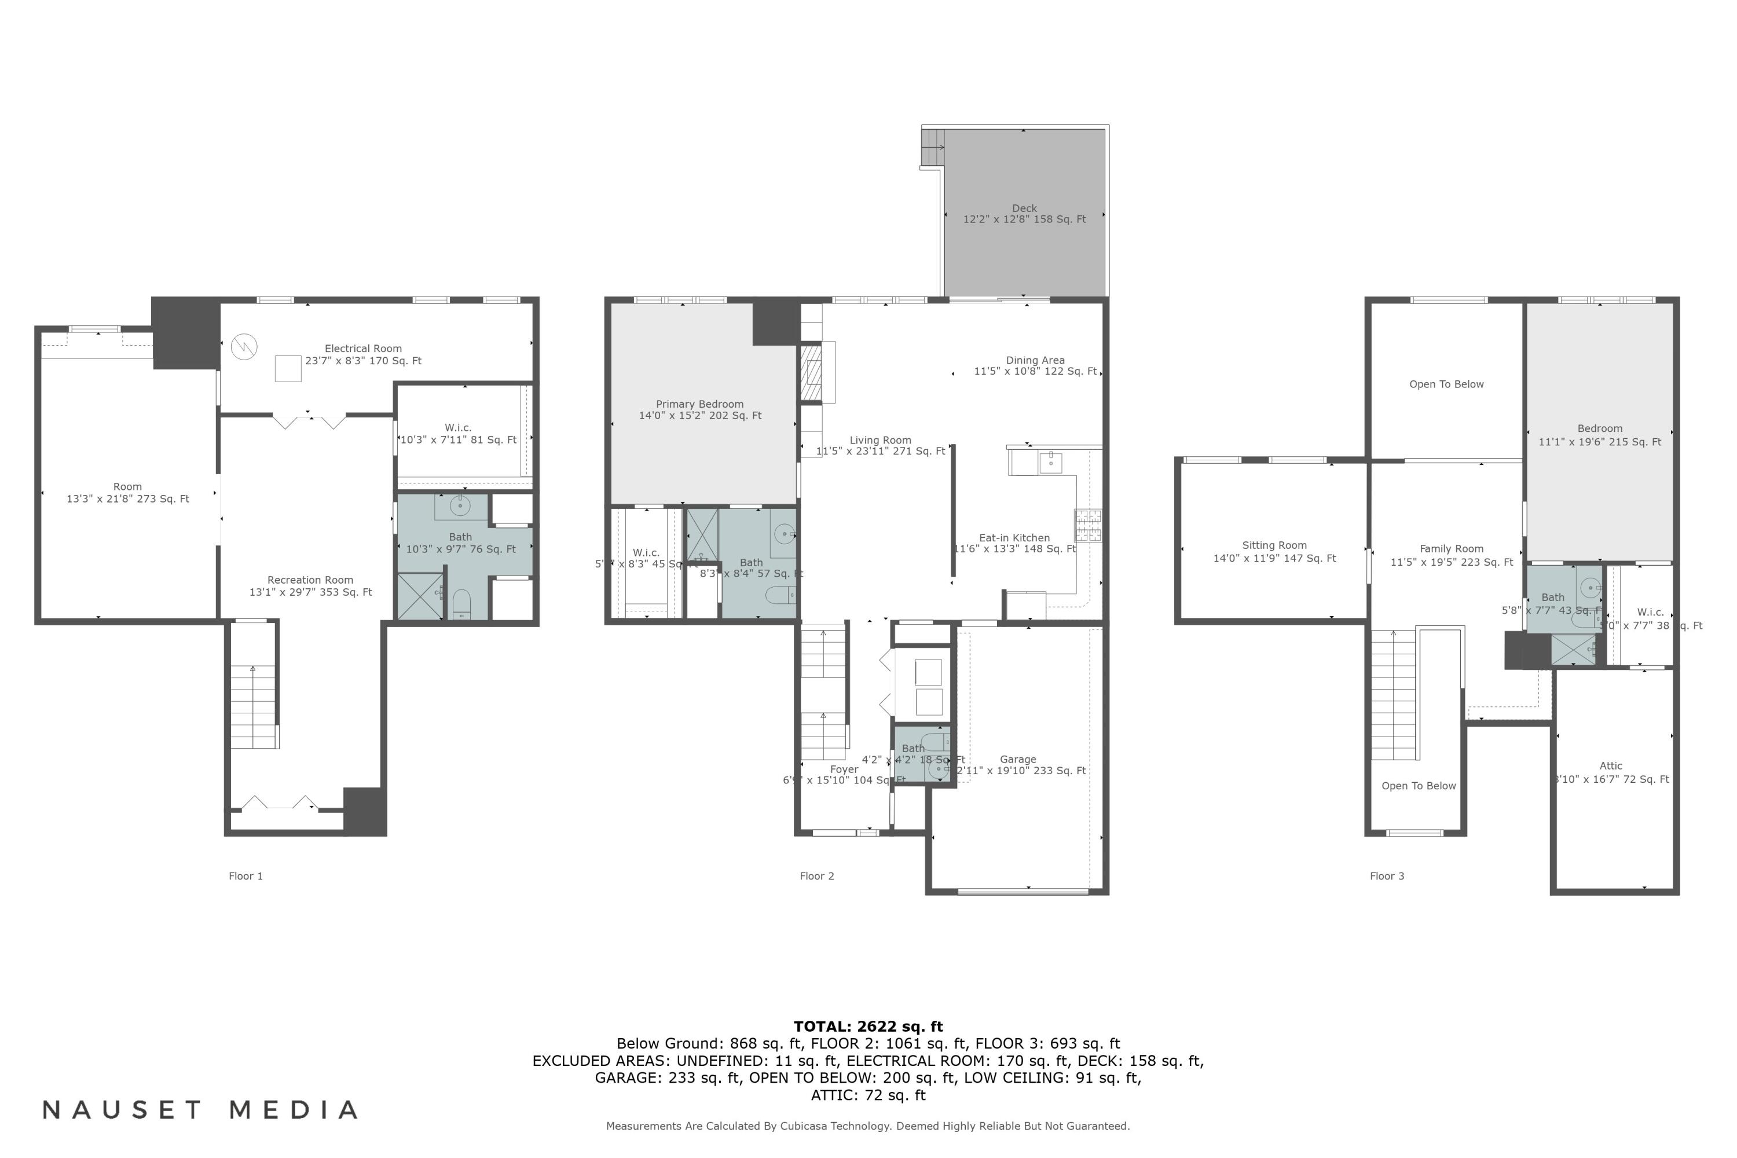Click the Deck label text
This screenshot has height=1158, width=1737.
tap(1024, 209)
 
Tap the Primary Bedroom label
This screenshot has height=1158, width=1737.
tap(699, 405)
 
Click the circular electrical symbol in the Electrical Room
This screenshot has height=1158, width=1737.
tap(244, 346)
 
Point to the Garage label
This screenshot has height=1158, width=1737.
tap(1018, 759)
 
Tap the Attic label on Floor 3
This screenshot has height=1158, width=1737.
tap(1611, 766)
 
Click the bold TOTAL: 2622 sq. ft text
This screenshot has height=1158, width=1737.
tap(868, 1027)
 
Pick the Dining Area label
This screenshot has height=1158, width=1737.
tap(1035, 360)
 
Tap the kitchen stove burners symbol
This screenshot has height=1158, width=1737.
tap(1087, 526)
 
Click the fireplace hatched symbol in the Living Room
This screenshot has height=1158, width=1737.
tap(811, 373)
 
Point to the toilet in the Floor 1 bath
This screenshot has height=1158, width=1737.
tap(461, 603)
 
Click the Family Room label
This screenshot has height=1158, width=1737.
tap(1451, 549)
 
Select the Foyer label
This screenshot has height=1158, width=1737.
tap(844, 769)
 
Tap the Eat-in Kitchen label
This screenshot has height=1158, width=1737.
tap(1014, 538)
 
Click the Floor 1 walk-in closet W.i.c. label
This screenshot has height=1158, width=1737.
tap(458, 428)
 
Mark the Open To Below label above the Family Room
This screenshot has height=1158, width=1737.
tap(1446, 384)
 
